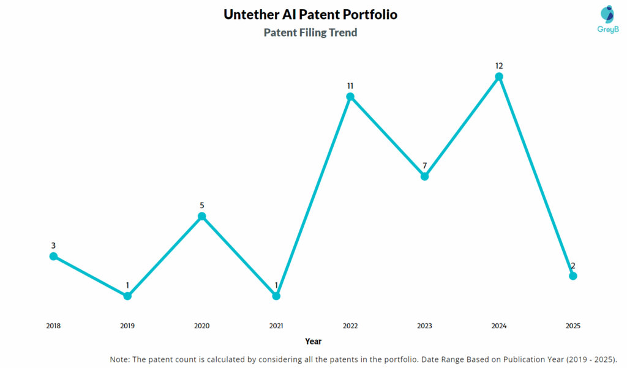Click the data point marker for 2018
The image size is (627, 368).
click(53, 256)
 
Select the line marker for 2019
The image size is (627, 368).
click(127, 296)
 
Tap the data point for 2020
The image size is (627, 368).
click(202, 216)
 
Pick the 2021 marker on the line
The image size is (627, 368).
click(276, 296)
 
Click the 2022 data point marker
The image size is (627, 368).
click(350, 97)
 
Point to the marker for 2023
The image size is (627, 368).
click(424, 176)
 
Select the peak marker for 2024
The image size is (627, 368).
click(499, 77)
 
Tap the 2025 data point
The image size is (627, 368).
click(573, 276)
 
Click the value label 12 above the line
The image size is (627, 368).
click(499, 66)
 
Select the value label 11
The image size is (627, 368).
click(350, 86)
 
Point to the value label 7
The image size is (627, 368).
click(424, 165)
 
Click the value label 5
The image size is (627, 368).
click(202, 205)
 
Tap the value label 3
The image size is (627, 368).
click(53, 246)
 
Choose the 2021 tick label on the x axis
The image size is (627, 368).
click(276, 326)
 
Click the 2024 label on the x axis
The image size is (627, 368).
click(499, 326)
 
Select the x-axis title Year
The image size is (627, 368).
click(313, 341)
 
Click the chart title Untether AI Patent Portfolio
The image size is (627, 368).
click(310, 14)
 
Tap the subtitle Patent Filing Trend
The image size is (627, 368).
click(310, 32)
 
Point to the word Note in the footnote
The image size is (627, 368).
click(120, 359)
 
